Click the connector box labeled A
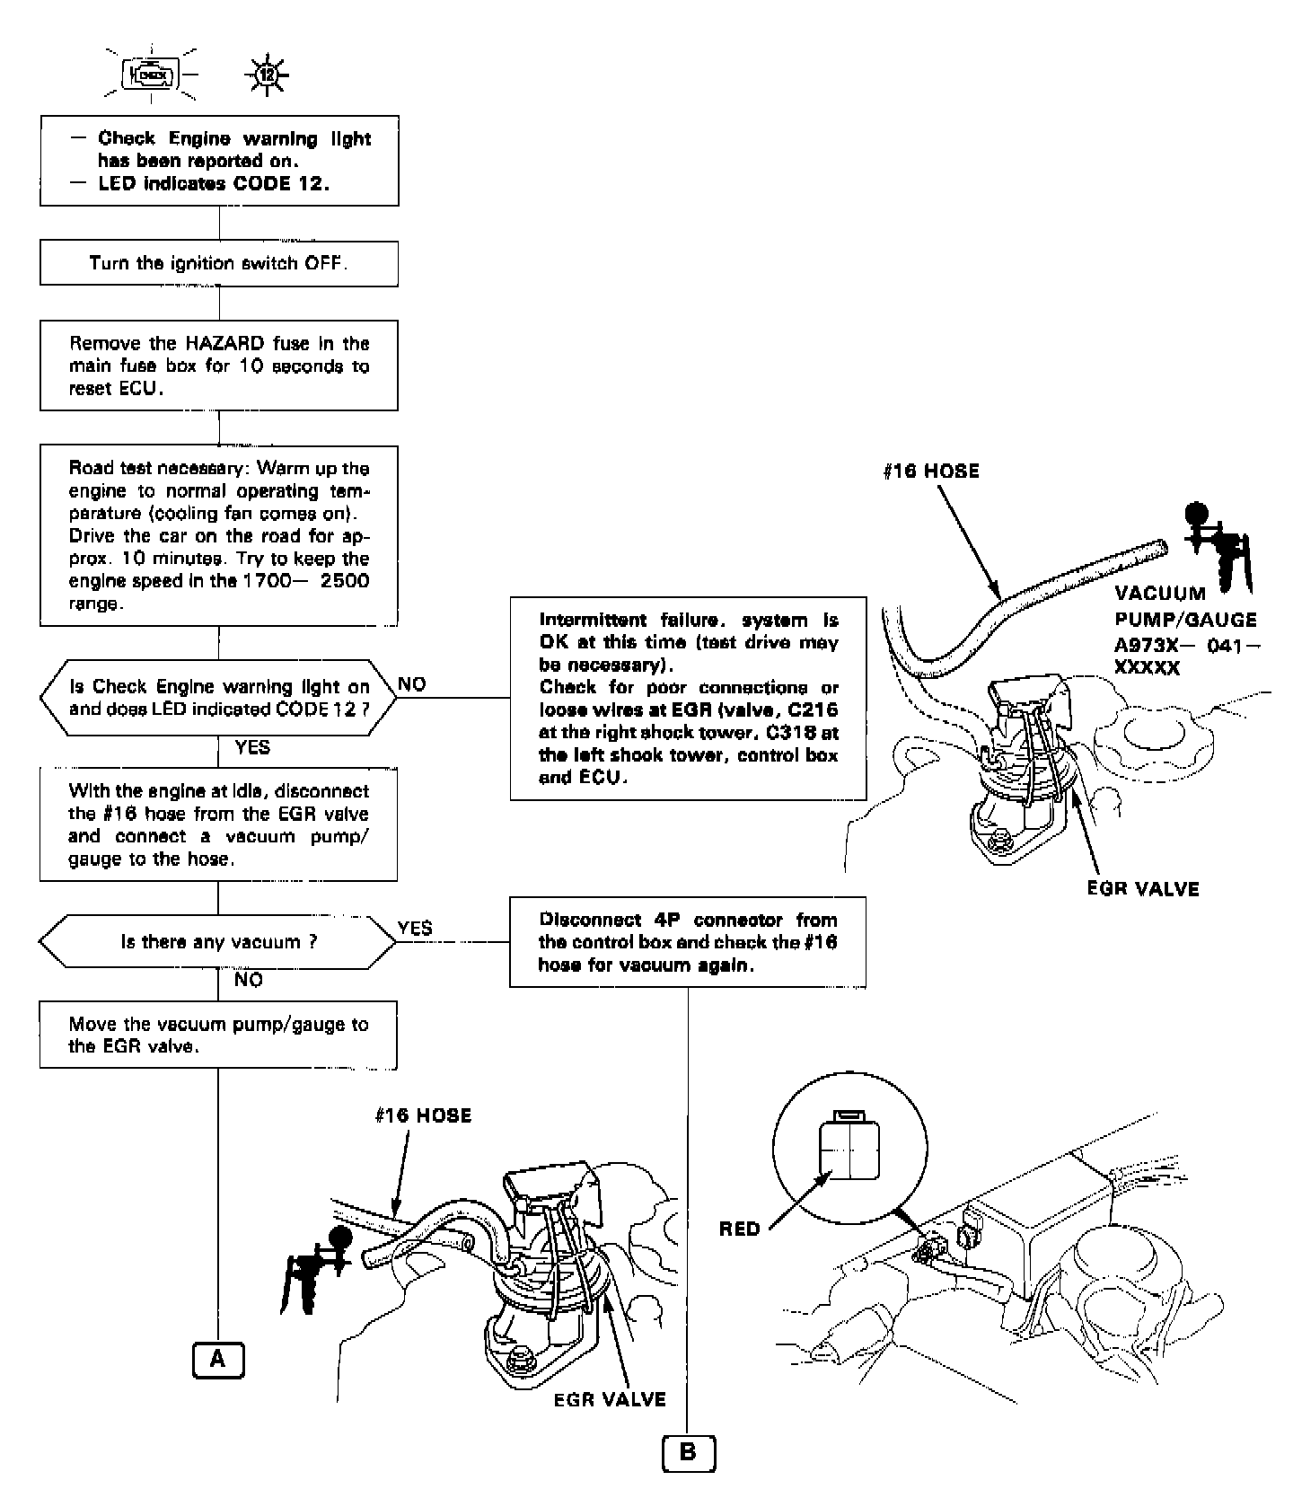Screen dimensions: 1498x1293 218,1359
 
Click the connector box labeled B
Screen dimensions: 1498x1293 689,1453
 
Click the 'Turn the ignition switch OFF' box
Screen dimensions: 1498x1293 218,264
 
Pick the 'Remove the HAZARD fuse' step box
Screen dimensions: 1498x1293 218,366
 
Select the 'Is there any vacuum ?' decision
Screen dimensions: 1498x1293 218,942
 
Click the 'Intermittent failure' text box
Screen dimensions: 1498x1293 688,698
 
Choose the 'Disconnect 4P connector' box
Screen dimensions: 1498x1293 688,942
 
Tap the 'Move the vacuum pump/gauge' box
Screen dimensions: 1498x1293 218,1035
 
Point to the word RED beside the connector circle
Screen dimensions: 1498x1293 740,1229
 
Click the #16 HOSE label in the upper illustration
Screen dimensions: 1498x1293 931,471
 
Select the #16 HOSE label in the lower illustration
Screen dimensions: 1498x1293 423,1115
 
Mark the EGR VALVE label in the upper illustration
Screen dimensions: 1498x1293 1142,889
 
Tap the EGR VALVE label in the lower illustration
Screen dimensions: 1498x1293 610,1399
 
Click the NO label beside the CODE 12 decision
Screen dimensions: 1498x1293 412,684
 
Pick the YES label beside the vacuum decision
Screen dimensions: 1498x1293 415,928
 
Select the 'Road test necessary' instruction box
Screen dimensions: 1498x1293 218,536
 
